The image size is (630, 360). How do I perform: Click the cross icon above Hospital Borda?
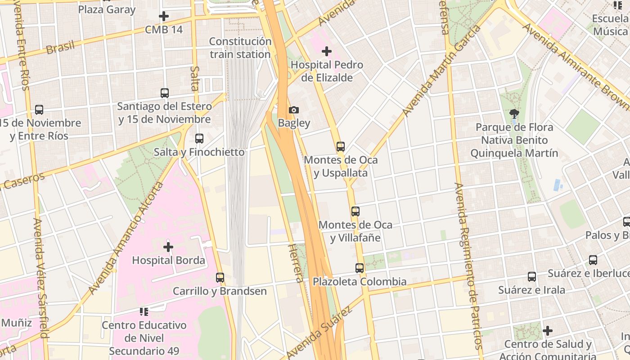pos(168,247)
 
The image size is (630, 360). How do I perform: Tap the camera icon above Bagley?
pos(294,110)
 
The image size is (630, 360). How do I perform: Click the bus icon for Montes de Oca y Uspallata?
pos(341,147)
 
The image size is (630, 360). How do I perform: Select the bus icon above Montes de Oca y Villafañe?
pos(355,211)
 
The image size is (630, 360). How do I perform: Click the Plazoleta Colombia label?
pos(360,282)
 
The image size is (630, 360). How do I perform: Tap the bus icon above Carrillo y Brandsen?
pos(220,278)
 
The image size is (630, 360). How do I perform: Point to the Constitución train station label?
pos(240,48)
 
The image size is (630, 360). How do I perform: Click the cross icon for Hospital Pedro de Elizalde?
pos(327,51)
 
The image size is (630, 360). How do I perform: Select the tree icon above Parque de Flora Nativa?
pos(514,114)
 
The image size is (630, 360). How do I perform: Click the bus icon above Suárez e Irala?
pos(532,277)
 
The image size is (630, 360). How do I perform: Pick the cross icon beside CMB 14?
pos(164,17)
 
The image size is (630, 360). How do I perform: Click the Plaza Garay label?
pos(107,9)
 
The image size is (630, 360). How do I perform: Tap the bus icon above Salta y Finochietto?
pos(199,139)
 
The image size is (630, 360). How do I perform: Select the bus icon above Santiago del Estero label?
pos(165,93)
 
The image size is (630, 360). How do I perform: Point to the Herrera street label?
pos(295,263)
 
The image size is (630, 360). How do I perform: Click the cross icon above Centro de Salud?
pos(548,331)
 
